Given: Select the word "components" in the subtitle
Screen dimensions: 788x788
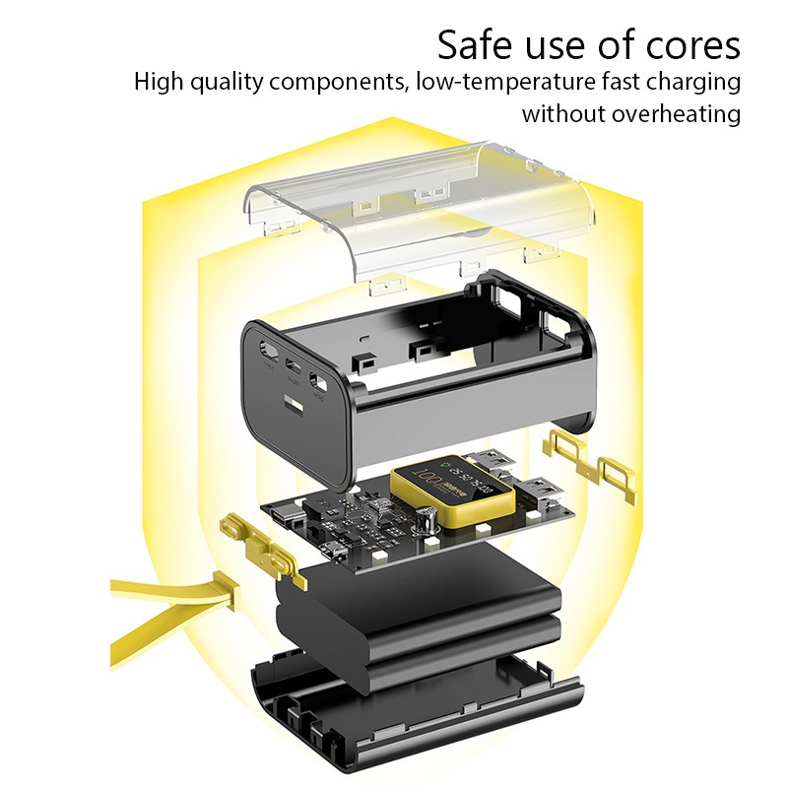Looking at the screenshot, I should pos(336,81).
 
